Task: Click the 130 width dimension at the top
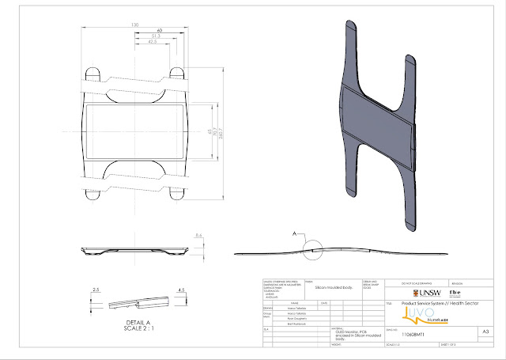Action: click(x=135, y=25)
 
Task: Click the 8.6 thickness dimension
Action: click(x=199, y=235)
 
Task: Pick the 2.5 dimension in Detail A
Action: click(x=94, y=290)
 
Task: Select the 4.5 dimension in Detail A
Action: click(x=182, y=290)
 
